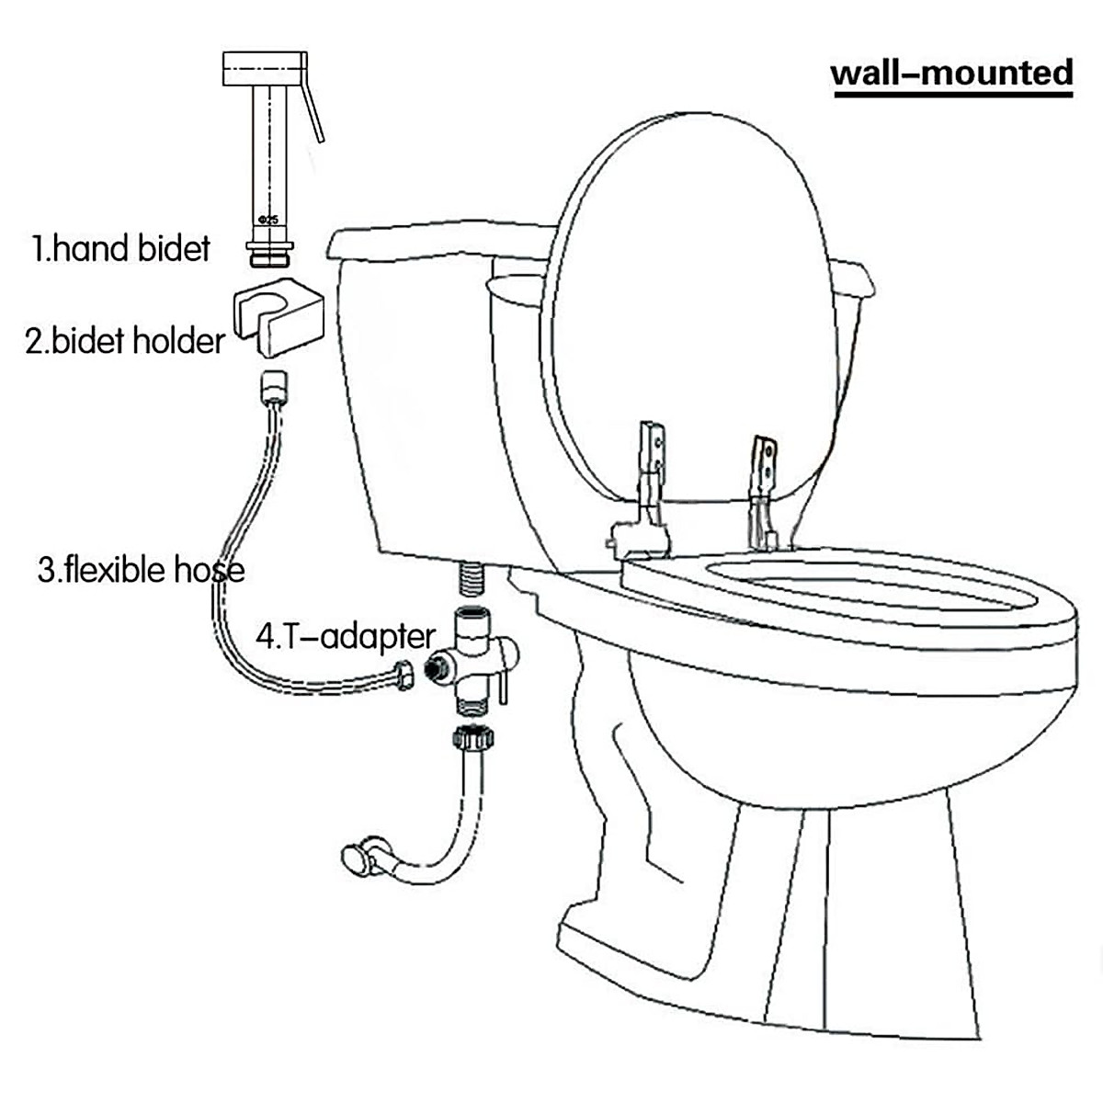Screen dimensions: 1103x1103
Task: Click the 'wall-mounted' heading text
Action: [951, 73]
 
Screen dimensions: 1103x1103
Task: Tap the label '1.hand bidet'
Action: [121, 248]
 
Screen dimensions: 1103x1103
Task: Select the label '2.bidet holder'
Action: [125, 341]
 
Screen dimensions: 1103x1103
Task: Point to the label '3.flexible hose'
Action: [141, 570]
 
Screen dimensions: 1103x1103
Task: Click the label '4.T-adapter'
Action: [345, 636]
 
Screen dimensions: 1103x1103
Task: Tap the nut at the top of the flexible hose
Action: [272, 387]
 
